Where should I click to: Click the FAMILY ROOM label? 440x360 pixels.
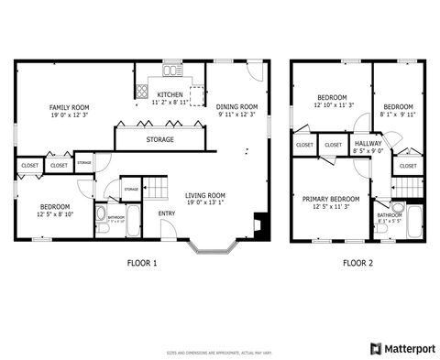[x=69, y=108]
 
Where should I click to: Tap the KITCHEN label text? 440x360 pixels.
[x=170, y=95]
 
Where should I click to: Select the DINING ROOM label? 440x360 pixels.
[x=236, y=107]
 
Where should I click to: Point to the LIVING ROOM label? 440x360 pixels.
[x=205, y=195]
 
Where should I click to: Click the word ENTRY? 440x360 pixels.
[x=167, y=214]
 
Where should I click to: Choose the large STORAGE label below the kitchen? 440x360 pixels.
[x=161, y=140]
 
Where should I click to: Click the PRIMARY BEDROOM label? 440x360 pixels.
[x=331, y=199]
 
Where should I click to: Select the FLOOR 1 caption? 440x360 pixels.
[x=142, y=263]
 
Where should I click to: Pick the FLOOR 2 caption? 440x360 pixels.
[x=358, y=263]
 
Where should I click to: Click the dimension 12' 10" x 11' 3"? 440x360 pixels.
[x=332, y=106]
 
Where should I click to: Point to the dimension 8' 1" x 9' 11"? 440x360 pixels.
[x=399, y=115]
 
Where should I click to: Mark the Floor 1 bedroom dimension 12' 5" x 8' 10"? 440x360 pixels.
[x=55, y=215]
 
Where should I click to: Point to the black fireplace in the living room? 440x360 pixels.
[x=262, y=223]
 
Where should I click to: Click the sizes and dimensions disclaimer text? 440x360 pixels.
[x=219, y=351]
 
